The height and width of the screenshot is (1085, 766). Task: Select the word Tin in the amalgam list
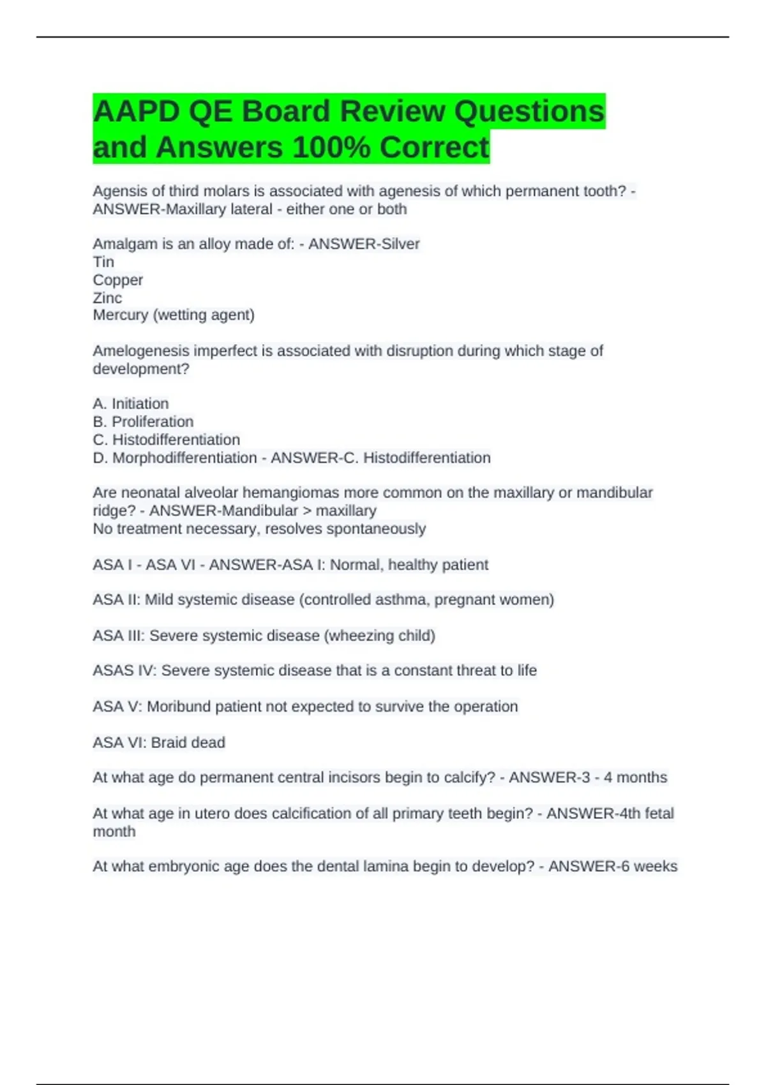click(x=103, y=262)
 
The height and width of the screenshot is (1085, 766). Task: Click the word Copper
click(x=118, y=280)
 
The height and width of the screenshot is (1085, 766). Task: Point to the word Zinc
click(x=107, y=297)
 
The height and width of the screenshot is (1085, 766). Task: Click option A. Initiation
click(x=131, y=403)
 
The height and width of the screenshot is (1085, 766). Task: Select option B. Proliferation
click(x=143, y=421)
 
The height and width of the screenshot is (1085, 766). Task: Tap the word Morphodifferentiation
click(x=184, y=458)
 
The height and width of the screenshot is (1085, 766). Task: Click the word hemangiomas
click(x=289, y=493)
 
